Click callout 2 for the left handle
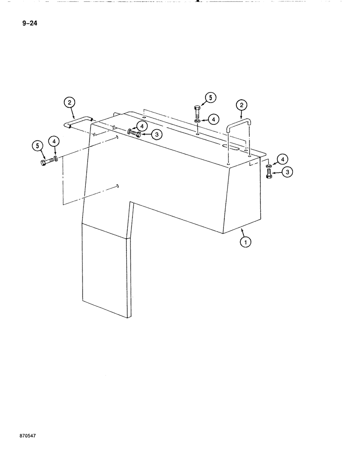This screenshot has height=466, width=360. click(69, 103)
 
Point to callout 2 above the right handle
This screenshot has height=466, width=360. click(242, 105)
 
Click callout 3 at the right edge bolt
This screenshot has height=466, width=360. click(288, 172)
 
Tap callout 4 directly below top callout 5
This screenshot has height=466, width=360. click(213, 120)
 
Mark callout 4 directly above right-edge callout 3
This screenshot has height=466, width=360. click(282, 159)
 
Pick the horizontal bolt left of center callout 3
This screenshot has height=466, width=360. click(137, 133)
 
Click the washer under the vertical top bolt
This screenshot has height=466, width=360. click(197, 121)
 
